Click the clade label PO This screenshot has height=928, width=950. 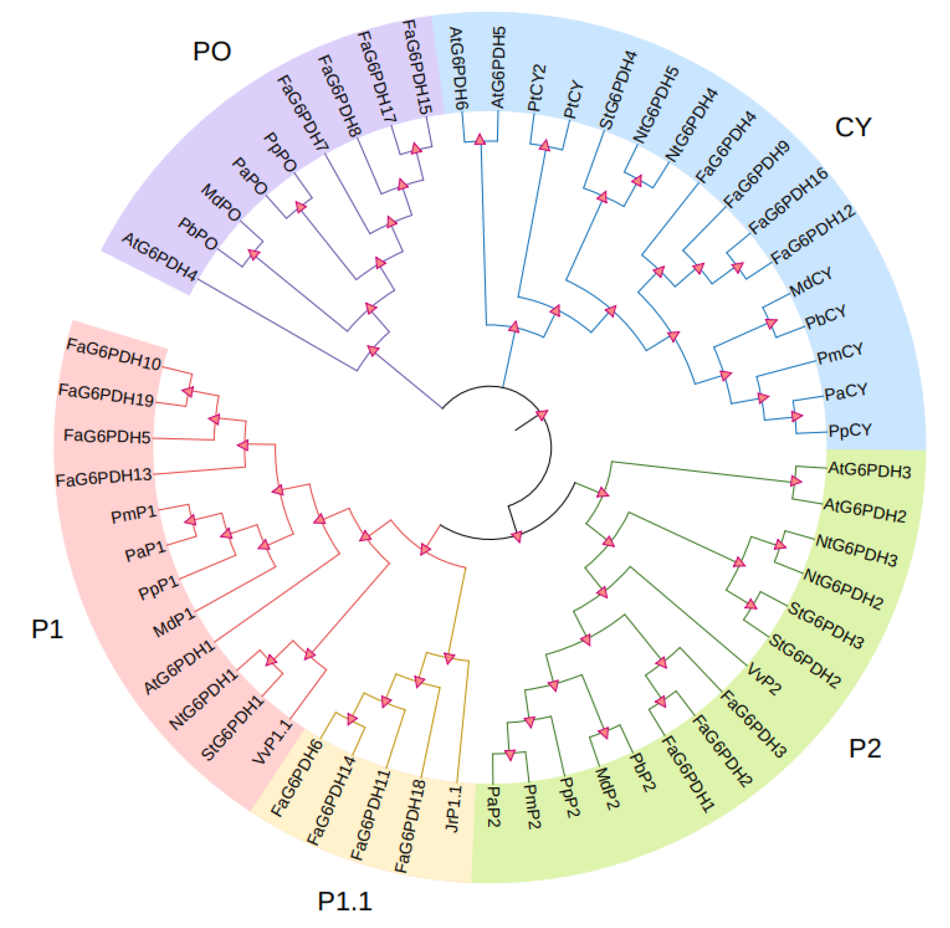(x=212, y=51)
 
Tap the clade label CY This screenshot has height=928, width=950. (x=852, y=128)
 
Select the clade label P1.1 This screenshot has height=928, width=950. (x=345, y=901)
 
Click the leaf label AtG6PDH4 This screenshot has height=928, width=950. (x=159, y=256)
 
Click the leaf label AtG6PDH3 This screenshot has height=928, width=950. (x=869, y=470)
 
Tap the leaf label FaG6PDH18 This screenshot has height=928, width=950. (x=410, y=826)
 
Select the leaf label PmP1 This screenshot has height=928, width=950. (x=134, y=514)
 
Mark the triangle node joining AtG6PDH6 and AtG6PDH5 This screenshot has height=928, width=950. (x=480, y=140)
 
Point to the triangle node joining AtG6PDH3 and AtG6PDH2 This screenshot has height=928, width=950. (x=795, y=481)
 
